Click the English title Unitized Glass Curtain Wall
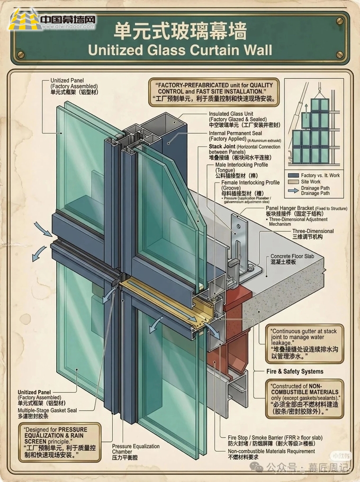point(180,50)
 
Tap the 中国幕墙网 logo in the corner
point(52,22)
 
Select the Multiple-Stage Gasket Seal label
point(47,410)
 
